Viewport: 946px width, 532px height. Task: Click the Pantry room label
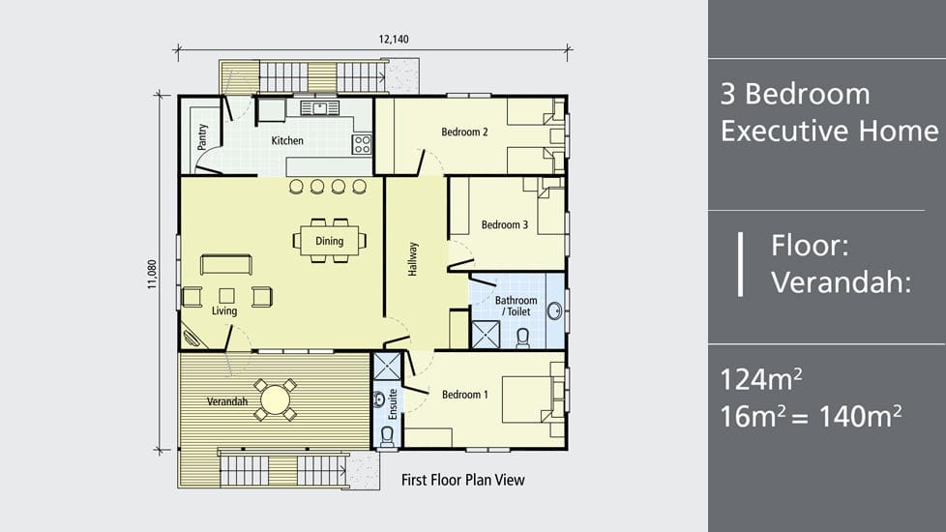(x=202, y=137)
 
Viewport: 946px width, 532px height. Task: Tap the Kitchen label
(x=287, y=140)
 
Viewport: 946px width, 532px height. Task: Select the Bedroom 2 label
(x=464, y=133)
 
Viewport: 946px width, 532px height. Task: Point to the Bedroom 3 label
(x=504, y=225)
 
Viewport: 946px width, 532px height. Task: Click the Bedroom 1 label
(x=465, y=395)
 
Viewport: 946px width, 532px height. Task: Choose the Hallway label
(x=413, y=259)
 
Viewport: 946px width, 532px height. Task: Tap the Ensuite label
(x=393, y=404)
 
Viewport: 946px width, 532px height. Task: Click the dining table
(x=330, y=241)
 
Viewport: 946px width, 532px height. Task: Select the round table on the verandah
(x=275, y=399)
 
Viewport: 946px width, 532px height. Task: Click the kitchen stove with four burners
(x=362, y=144)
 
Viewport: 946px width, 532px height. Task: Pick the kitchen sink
(x=320, y=108)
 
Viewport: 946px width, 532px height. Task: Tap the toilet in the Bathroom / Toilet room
(x=523, y=339)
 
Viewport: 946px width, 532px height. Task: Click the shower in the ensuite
(x=387, y=367)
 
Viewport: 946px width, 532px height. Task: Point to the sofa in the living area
(x=226, y=264)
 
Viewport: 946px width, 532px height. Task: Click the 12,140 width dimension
(x=394, y=40)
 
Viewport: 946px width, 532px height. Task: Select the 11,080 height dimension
(x=152, y=275)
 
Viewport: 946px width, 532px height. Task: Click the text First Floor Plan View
(x=462, y=480)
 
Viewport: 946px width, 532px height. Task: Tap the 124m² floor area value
(x=761, y=379)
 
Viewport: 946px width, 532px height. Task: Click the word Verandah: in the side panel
(x=841, y=282)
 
